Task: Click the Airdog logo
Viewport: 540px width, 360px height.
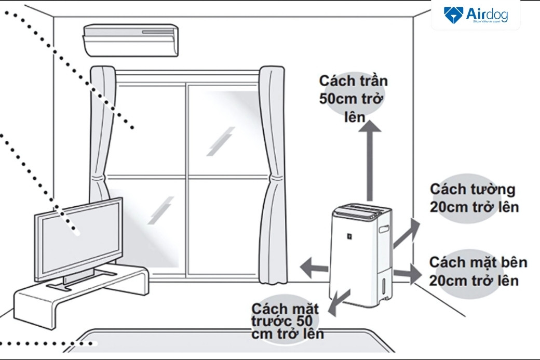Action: (x=475, y=15)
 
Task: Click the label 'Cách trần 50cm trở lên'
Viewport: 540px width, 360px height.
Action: (x=353, y=99)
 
